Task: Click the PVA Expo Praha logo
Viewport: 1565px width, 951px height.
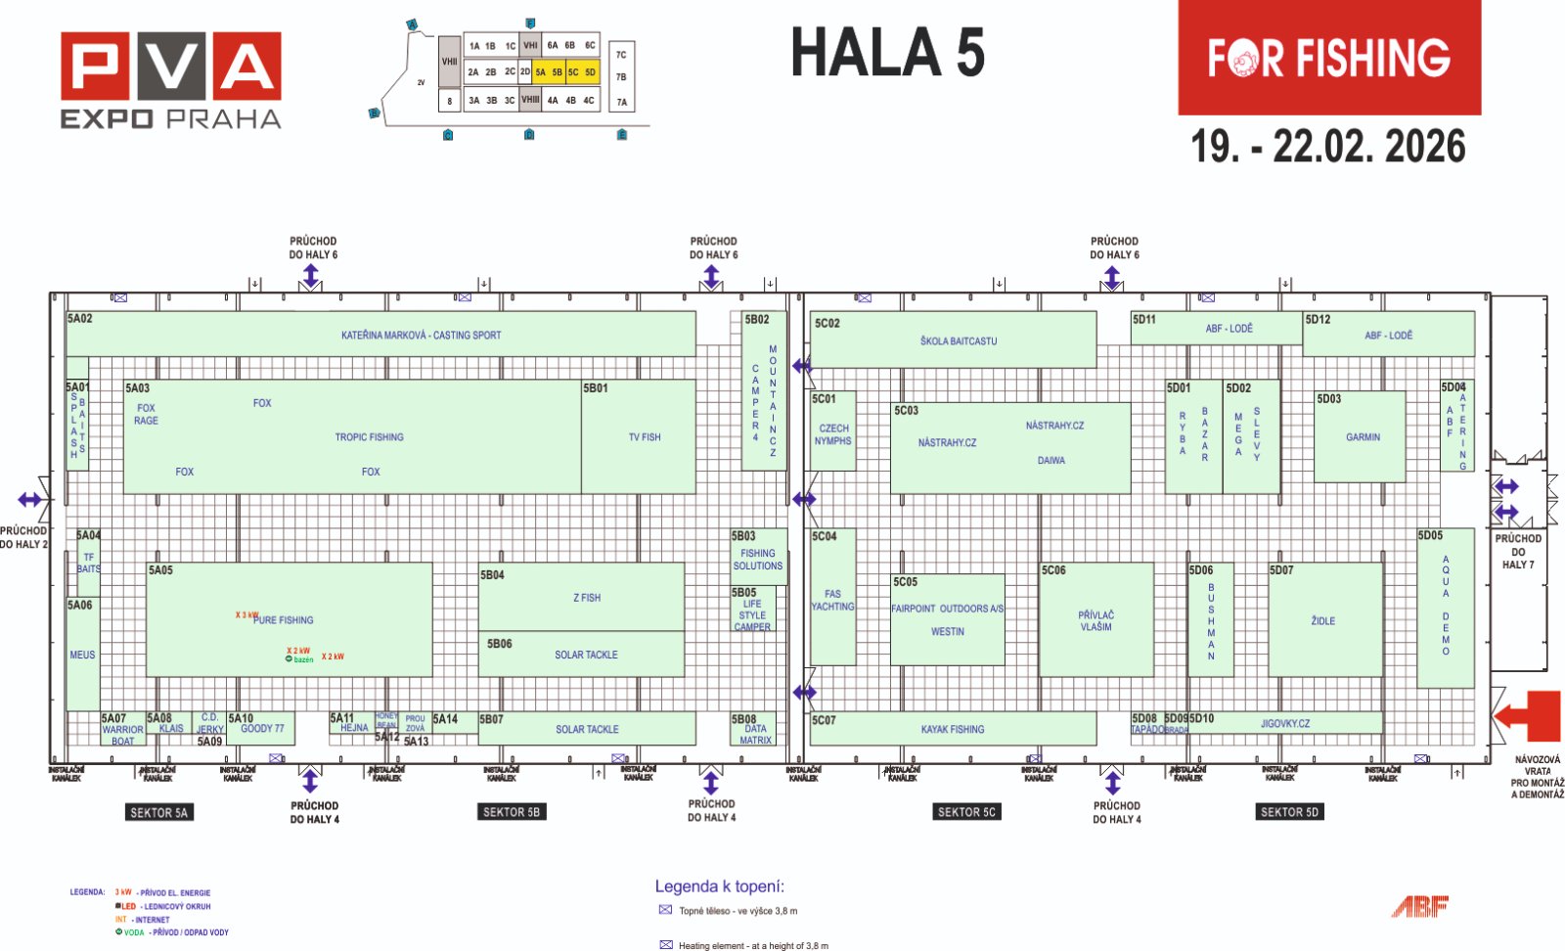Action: [171, 80]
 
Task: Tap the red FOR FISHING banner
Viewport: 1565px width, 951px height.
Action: [1328, 59]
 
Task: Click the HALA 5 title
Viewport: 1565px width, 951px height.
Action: [887, 52]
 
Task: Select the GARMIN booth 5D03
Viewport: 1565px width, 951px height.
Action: [1362, 437]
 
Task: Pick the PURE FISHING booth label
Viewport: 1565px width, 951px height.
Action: [284, 620]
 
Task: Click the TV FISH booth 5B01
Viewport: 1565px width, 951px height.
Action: [644, 437]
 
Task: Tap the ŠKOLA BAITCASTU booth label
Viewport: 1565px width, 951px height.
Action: [958, 341]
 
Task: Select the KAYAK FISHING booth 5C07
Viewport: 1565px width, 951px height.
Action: [952, 730]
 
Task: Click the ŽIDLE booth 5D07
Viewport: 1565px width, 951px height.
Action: [1322, 621]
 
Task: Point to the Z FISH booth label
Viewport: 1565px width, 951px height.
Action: [587, 598]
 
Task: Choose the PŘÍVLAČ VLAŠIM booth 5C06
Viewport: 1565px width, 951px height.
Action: [1095, 621]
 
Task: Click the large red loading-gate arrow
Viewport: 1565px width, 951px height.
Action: [1528, 715]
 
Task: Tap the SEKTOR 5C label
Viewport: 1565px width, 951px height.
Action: [965, 812]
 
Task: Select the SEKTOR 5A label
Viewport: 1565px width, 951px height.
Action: [159, 813]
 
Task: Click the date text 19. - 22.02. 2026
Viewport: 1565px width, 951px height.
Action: [1327, 147]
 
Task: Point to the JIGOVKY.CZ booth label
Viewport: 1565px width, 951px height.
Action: [1284, 724]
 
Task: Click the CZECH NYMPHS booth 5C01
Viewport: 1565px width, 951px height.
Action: [832, 434]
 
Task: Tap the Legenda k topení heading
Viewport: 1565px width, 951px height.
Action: [719, 887]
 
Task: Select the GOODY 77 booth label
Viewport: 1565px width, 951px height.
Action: [262, 729]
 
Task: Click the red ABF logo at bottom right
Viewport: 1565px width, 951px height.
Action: [1419, 907]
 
